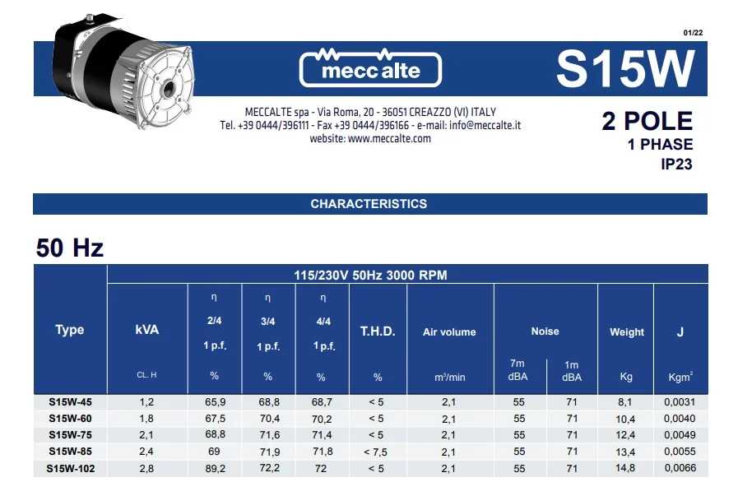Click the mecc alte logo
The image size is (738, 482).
click(x=370, y=67)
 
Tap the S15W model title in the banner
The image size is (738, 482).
click(x=625, y=68)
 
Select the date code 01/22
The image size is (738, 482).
click(x=693, y=32)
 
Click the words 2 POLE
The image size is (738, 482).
click(x=647, y=122)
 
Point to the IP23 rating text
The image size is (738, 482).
click(x=676, y=164)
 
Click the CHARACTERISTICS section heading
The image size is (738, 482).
click(x=369, y=204)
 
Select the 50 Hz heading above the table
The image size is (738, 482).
click(x=70, y=248)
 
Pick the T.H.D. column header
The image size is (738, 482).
click(x=378, y=331)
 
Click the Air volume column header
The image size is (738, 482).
click(x=449, y=332)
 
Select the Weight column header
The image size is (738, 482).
click(x=627, y=332)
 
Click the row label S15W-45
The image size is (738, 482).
click(x=70, y=402)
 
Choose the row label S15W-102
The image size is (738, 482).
click(x=70, y=468)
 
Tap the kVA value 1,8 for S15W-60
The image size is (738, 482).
click(x=147, y=419)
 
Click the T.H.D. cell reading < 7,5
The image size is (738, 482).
click(x=378, y=452)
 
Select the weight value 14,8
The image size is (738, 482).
click(x=625, y=468)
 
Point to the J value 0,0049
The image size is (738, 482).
click(x=680, y=435)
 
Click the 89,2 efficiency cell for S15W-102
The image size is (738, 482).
click(x=216, y=468)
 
